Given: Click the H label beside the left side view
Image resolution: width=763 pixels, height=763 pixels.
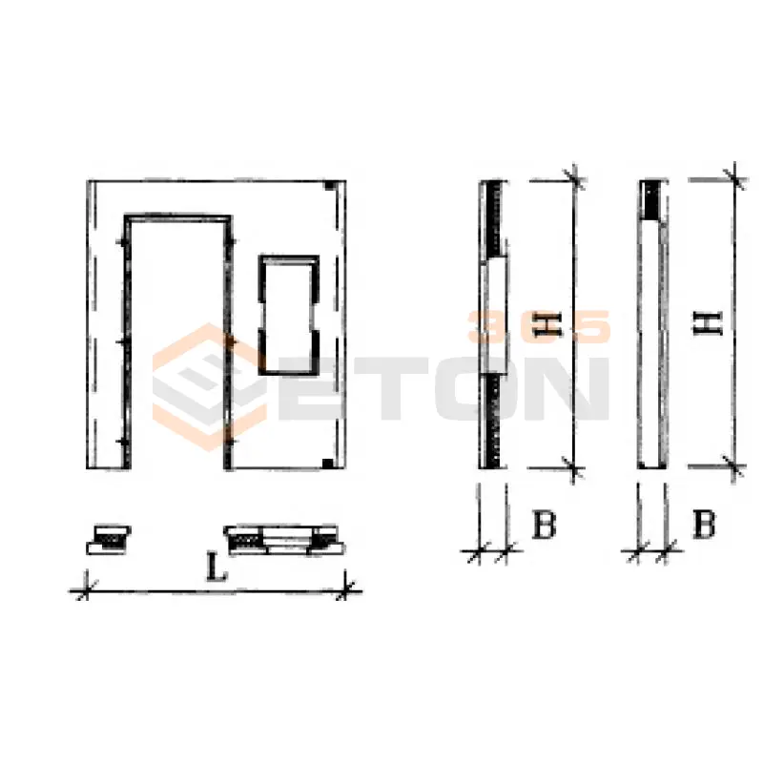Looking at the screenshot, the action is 547,324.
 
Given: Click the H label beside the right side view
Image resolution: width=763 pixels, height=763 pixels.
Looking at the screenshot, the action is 708,323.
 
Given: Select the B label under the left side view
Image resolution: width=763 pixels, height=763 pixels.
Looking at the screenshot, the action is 544,524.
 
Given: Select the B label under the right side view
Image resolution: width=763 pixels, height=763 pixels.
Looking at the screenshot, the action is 704,524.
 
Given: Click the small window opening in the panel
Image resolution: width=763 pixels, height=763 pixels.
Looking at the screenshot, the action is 289,316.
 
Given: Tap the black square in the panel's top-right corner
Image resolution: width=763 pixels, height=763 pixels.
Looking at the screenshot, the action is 330,185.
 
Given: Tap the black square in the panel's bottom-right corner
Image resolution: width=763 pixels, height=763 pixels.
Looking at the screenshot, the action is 328,463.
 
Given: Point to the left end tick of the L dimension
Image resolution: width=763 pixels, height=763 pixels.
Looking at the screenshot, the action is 86,591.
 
